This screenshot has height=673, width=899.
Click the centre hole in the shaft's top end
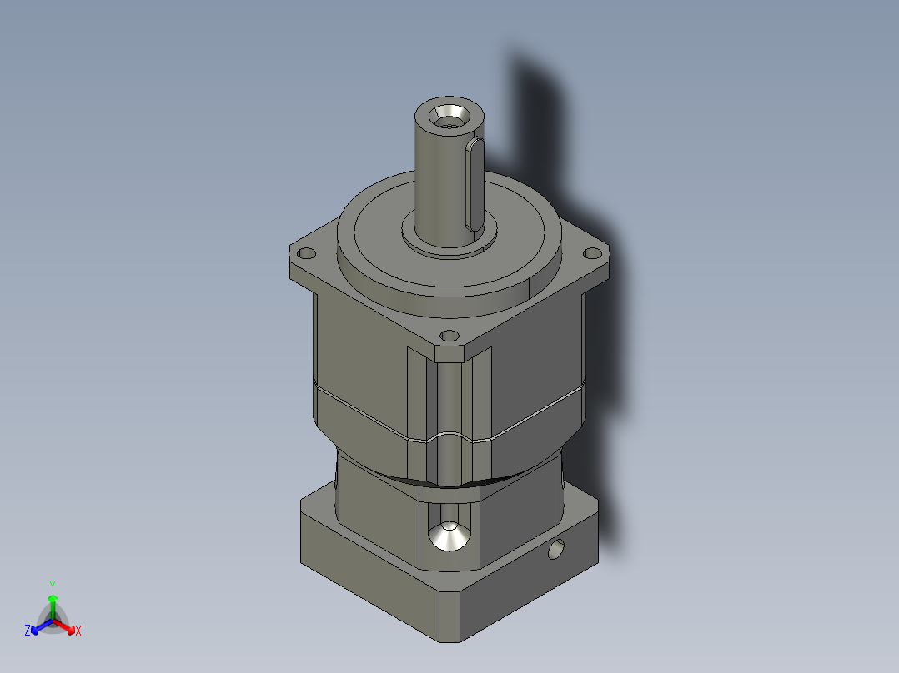(x=450, y=117)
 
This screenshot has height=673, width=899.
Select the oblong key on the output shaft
(x=473, y=184)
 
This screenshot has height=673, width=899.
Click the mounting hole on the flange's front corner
(x=449, y=336)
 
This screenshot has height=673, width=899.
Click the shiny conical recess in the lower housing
(x=449, y=537)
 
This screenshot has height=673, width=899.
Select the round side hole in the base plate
(x=556, y=550)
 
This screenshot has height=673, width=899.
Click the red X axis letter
(x=78, y=631)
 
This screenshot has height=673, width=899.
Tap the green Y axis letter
(x=52, y=586)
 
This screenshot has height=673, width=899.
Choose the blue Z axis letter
(x=28, y=631)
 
